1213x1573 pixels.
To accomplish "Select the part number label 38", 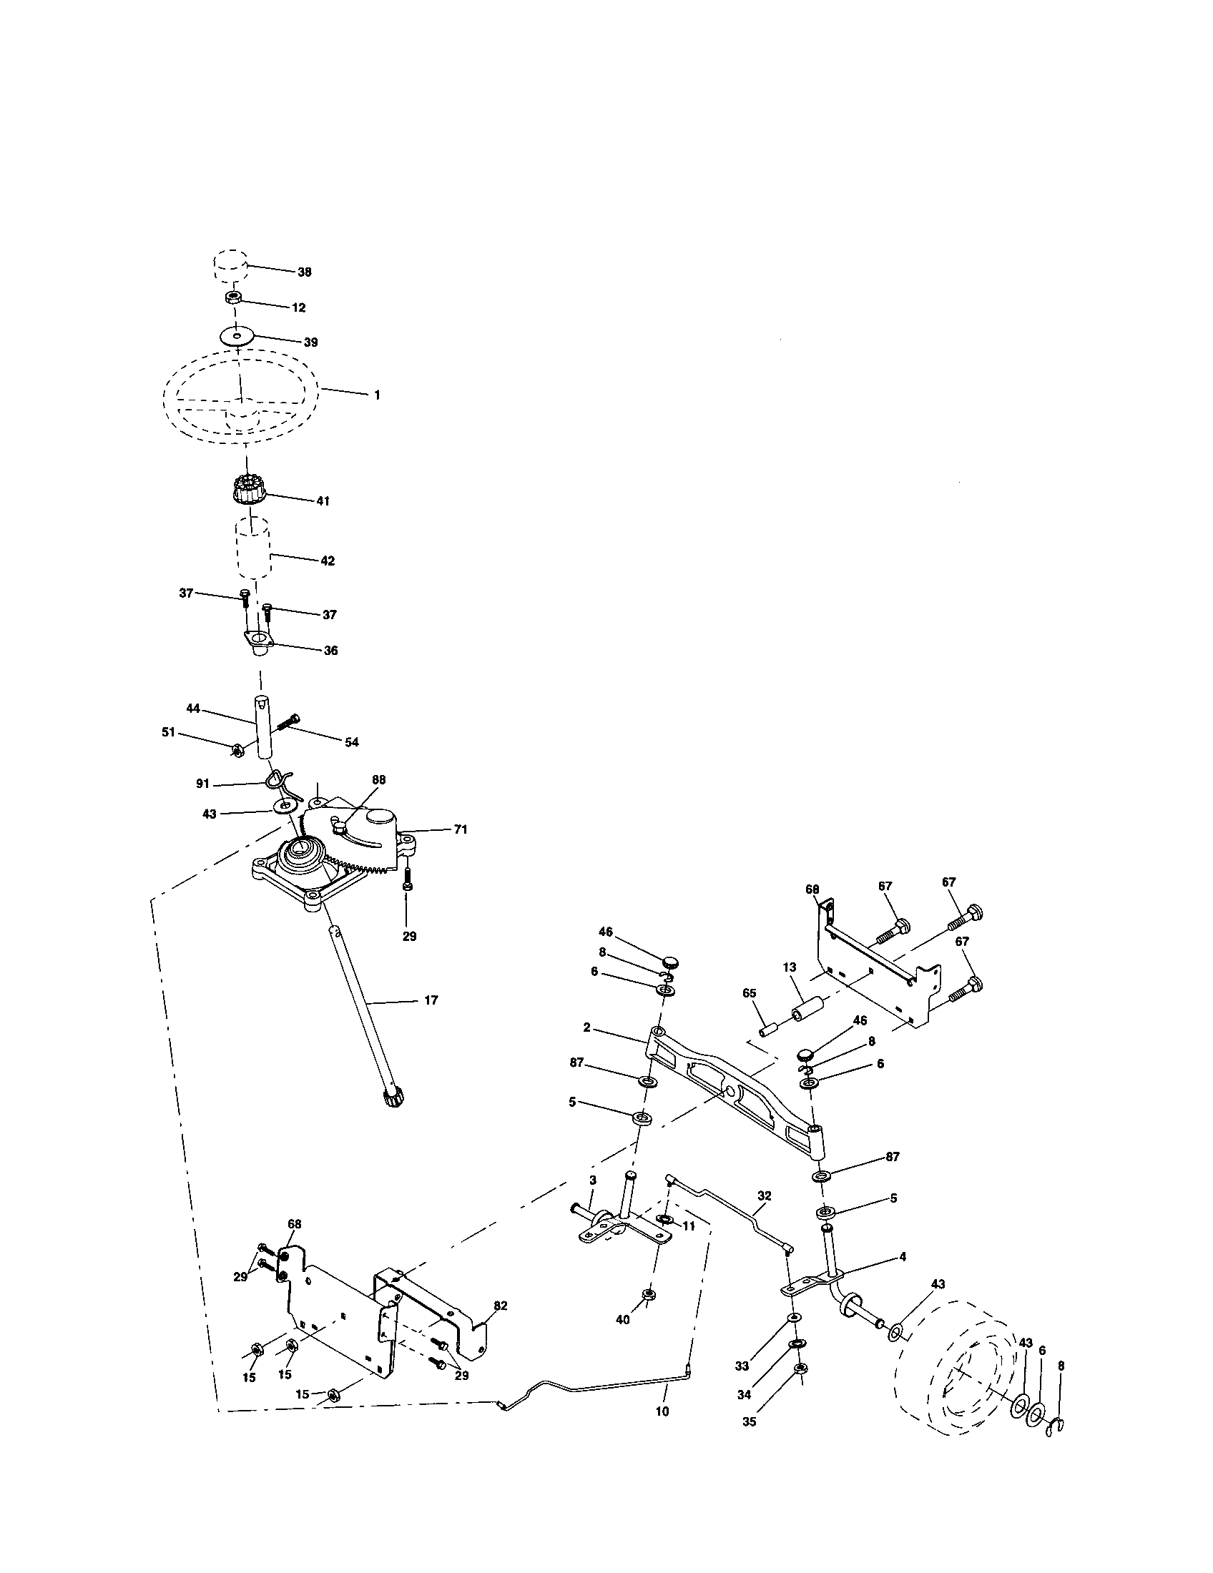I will (305, 272).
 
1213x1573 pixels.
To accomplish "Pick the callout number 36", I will (330, 651).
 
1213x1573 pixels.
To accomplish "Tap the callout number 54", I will (350, 743).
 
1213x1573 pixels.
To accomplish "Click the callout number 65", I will (749, 992).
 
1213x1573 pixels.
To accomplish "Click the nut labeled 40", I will (647, 1295).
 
